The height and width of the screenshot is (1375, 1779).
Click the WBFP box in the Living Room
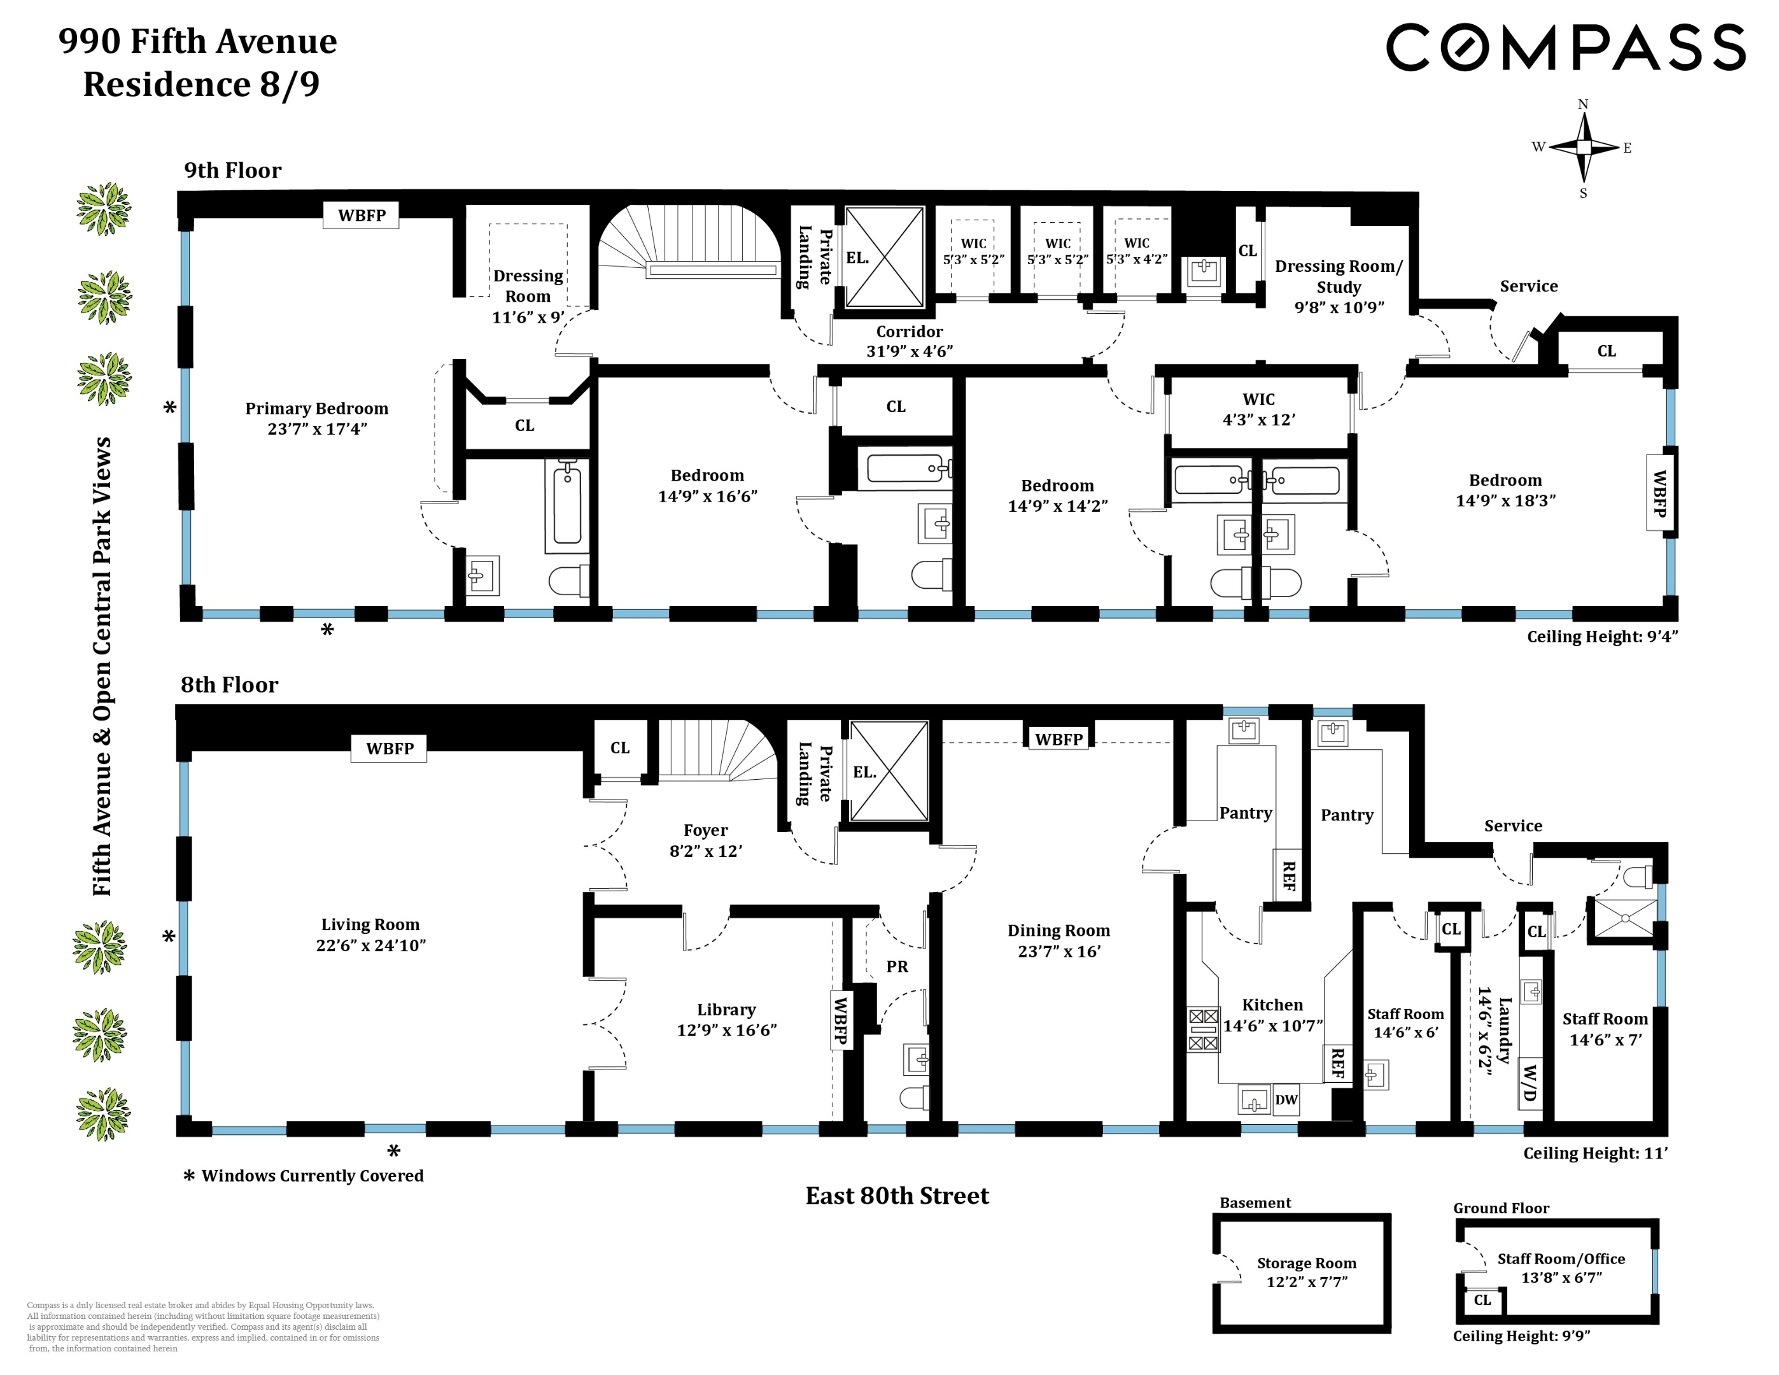pyautogui.click(x=390, y=749)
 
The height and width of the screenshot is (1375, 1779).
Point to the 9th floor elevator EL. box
pyautogui.click(x=885, y=257)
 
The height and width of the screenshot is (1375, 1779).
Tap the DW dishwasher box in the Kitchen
pyautogui.click(x=1286, y=1099)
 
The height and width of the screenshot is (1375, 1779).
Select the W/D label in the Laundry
pyautogui.click(x=1529, y=1083)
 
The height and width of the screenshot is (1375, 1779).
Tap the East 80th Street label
pyautogui.click(x=897, y=1195)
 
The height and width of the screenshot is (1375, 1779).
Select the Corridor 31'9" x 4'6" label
pyautogui.click(x=909, y=341)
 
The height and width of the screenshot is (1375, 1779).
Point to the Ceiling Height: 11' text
pyautogui.click(x=1595, y=1153)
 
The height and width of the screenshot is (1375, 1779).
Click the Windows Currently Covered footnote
pyautogui.click(x=312, y=1175)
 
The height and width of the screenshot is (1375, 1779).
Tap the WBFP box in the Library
pyautogui.click(x=841, y=1020)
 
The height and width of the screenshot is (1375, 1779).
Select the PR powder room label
pyautogui.click(x=897, y=967)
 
